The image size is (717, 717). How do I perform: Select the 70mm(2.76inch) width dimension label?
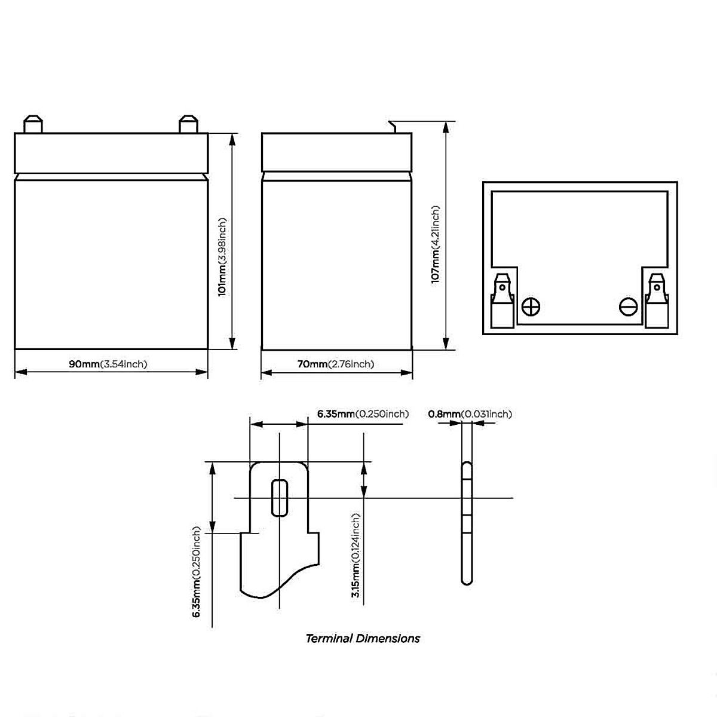336,364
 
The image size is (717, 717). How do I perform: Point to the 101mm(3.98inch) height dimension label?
222,256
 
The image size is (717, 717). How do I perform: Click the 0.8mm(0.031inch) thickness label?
470,414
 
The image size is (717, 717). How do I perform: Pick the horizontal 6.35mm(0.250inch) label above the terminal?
363,414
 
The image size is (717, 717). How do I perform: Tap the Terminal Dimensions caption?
363,639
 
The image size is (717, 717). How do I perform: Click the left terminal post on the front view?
32,124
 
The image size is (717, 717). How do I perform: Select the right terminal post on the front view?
187,124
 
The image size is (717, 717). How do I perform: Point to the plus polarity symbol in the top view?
531,307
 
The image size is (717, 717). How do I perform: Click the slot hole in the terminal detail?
279,497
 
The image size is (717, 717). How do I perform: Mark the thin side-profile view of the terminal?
467,523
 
